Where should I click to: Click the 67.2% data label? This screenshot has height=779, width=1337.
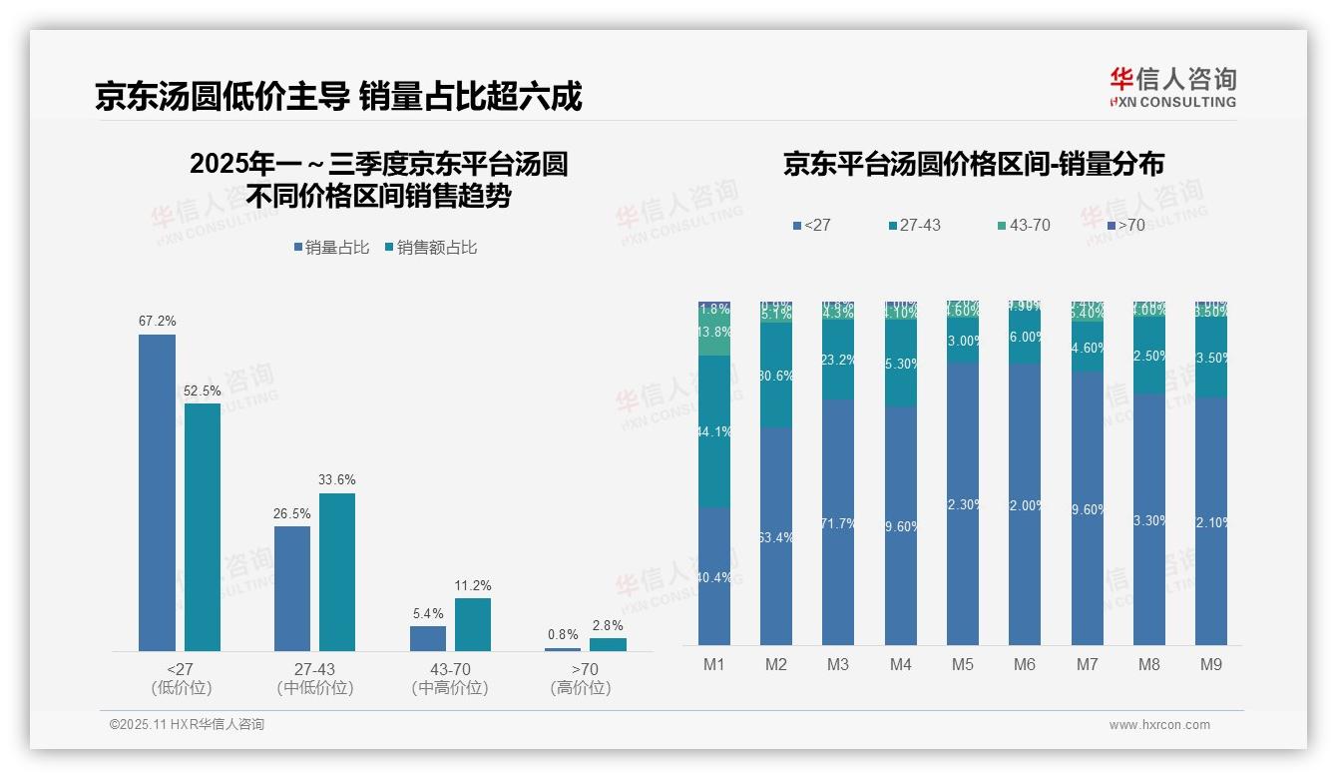coord(157,322)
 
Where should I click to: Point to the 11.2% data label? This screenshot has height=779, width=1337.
coord(473,586)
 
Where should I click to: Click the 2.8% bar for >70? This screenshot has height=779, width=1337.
coord(608,644)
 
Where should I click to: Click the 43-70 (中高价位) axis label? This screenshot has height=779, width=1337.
coord(450,678)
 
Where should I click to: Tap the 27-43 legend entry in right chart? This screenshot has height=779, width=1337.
coord(913,226)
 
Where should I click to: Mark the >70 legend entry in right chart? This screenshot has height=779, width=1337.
coord(1124,226)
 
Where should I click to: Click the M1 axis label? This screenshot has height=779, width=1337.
coord(714,664)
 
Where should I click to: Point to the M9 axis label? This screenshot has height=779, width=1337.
coord(1210,664)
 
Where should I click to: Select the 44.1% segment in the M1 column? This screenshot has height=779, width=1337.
coord(714,431)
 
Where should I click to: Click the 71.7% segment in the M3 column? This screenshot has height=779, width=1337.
coord(838,521)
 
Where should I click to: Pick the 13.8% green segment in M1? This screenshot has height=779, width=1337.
coord(714,333)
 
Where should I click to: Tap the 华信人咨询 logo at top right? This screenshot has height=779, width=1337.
coord(1172,87)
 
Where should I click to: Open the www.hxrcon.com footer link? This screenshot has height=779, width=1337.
coord(1158,725)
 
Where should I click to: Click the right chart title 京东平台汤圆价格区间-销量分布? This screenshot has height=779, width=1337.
coord(973,165)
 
